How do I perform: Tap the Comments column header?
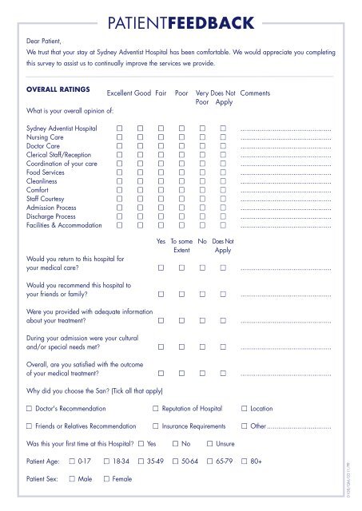[x=256, y=93]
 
